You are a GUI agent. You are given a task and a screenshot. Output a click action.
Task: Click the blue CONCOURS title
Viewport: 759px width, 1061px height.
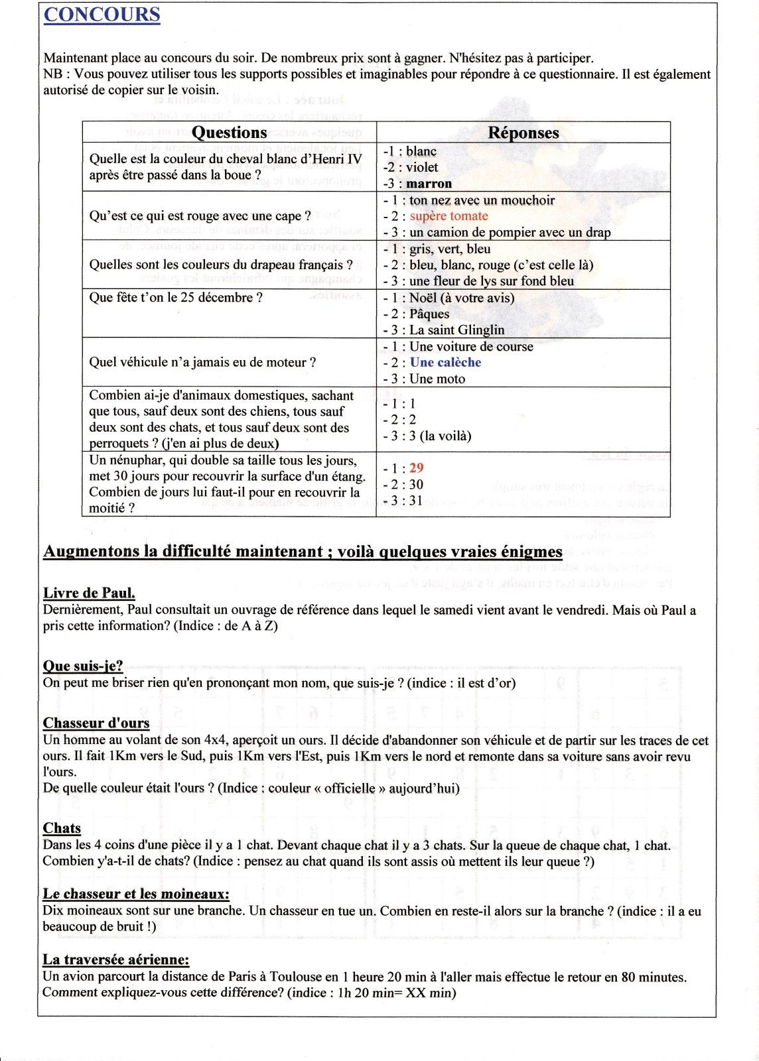click(x=102, y=15)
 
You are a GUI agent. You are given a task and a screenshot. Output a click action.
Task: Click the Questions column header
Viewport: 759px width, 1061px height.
click(x=229, y=133)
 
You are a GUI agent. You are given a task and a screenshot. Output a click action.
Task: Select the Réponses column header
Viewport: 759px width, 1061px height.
click(x=523, y=133)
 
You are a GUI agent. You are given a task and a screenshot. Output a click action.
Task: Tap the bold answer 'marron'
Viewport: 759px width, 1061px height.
click(x=429, y=184)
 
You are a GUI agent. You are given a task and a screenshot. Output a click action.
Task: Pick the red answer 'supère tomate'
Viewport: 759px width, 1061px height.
click(x=448, y=216)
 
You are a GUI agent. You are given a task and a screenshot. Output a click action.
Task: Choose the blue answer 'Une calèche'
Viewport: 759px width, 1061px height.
click(x=445, y=362)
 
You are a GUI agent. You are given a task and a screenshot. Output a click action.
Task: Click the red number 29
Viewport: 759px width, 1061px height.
click(x=416, y=468)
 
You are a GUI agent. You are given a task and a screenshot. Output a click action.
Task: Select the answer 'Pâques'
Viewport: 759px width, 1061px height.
click(x=429, y=314)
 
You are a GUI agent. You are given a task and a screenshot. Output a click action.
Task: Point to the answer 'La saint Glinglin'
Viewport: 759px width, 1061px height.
click(x=456, y=330)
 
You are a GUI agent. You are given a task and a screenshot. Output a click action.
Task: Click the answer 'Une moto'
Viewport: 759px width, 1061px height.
click(x=437, y=379)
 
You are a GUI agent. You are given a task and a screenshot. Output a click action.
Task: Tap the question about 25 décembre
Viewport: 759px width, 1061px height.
click(x=176, y=298)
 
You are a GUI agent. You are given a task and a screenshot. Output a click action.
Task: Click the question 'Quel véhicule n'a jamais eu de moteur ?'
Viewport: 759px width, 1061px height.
click(x=202, y=362)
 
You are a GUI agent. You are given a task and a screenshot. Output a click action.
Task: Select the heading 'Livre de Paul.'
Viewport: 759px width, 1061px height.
click(x=89, y=593)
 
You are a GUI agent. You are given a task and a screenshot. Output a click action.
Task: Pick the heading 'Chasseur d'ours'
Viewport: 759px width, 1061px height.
click(x=96, y=723)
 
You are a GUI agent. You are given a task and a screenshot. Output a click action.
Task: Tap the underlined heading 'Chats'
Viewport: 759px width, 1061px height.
click(x=62, y=828)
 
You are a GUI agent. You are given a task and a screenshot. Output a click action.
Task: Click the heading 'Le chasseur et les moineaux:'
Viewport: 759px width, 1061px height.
click(x=136, y=894)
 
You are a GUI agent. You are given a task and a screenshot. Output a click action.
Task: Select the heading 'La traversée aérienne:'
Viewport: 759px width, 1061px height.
click(x=116, y=960)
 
